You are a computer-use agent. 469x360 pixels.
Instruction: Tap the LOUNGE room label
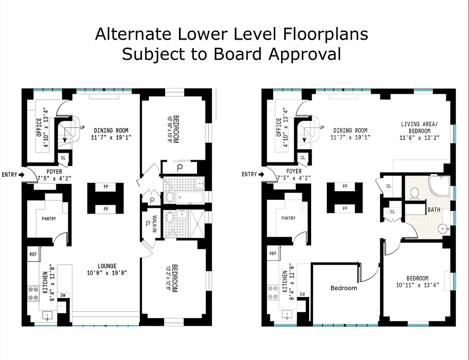pyautogui.click(x=107, y=266)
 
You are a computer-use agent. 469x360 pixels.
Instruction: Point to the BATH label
pyautogui.click(x=434, y=210)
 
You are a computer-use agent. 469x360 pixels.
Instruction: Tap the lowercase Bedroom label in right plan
pyautogui.click(x=344, y=288)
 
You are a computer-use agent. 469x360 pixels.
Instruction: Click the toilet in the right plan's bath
pyautogui.click(x=415, y=193)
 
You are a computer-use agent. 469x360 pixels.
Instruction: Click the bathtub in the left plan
pyautogui.click(x=188, y=197)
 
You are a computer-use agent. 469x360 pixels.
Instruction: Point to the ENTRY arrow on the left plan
pyautogui.click(x=22, y=175)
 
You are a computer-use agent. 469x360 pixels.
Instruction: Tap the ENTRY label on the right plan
pyautogui.click(x=249, y=175)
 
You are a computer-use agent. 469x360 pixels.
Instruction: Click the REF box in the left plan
pyautogui.click(x=33, y=254)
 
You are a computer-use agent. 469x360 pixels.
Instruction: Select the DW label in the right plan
pyautogui.click(x=303, y=294)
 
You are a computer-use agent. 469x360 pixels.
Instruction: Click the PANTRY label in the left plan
pyautogui.click(x=49, y=219)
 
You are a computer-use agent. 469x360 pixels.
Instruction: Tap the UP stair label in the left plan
pyautogui.click(x=82, y=128)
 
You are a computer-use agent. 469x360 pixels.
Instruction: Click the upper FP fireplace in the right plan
pyautogui.click(x=345, y=186)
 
